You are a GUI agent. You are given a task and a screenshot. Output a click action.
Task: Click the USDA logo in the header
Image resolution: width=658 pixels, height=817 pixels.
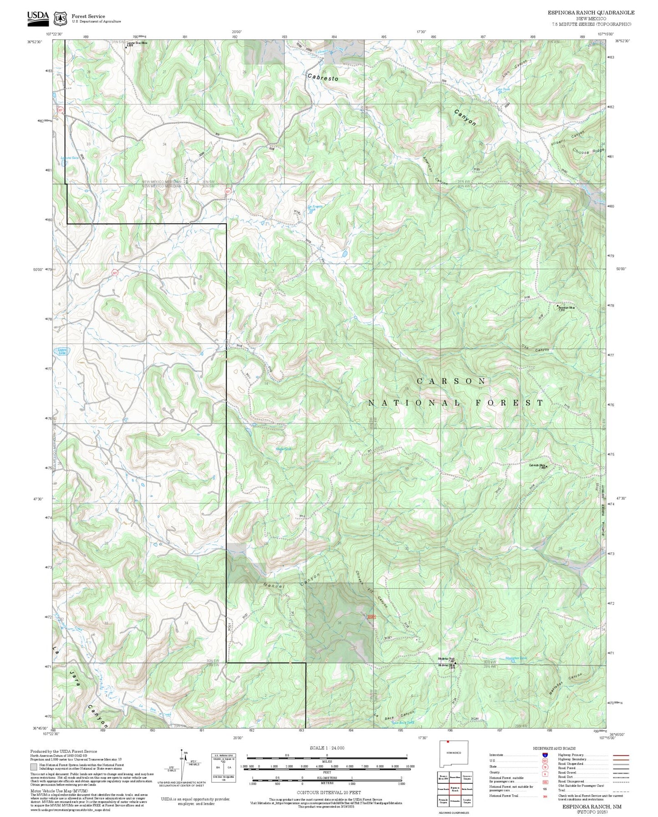point(37,17)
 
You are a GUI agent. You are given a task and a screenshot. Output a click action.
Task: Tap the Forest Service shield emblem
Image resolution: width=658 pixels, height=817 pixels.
point(60,18)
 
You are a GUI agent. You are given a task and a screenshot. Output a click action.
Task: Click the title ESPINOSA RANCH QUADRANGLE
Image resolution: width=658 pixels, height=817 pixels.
point(591,13)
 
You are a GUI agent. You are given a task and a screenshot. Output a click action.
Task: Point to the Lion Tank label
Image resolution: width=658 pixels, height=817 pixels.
point(503,89)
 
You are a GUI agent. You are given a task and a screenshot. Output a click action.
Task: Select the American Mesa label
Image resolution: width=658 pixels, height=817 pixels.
point(567,307)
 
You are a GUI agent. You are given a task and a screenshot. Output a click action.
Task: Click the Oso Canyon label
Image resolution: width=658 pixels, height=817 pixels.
point(536,348)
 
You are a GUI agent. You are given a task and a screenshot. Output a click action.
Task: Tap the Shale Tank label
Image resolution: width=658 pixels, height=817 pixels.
point(283,449)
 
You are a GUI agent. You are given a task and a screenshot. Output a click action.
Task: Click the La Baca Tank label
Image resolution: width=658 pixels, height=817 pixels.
point(404,722)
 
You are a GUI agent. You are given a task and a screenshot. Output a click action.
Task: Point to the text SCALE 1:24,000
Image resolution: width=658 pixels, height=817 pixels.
point(326,748)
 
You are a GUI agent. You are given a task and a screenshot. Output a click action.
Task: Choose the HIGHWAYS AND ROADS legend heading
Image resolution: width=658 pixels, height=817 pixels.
point(554,748)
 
